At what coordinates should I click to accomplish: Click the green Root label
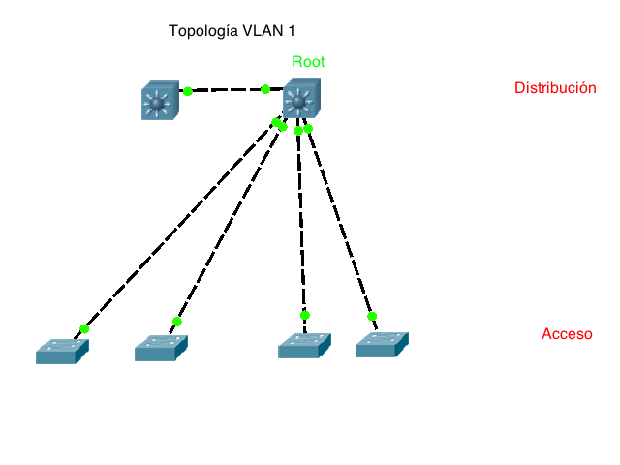pyautogui.click(x=308, y=62)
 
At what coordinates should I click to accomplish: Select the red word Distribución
pyautogui.click(x=554, y=88)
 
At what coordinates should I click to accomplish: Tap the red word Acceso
pyautogui.click(x=567, y=334)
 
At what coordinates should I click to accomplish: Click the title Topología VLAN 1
pyautogui.click(x=232, y=31)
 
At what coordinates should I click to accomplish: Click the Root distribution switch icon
pyautogui.click(x=300, y=101)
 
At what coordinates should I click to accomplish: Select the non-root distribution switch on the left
pyautogui.click(x=159, y=101)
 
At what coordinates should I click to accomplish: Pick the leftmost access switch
pyautogui.click(x=61, y=352)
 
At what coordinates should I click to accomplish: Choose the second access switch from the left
pyautogui.click(x=160, y=349)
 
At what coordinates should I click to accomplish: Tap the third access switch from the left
pyautogui.click(x=304, y=346)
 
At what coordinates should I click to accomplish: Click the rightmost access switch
pyautogui.click(x=382, y=345)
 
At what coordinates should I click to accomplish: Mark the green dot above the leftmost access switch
pyautogui.click(x=84, y=329)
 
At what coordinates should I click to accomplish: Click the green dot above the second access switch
pyautogui.click(x=176, y=322)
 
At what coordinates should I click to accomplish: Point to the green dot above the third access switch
pyautogui.click(x=305, y=315)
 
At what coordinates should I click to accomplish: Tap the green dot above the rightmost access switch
pyautogui.click(x=372, y=316)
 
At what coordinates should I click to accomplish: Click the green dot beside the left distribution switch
pyautogui.click(x=188, y=91)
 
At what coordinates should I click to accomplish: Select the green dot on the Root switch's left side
pyautogui.click(x=265, y=89)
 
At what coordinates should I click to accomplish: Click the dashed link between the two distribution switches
pyautogui.click(x=227, y=90)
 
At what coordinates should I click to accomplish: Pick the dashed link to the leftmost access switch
pyautogui.click(x=179, y=226)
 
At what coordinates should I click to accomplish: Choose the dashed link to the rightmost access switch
pyautogui.click(x=339, y=221)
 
